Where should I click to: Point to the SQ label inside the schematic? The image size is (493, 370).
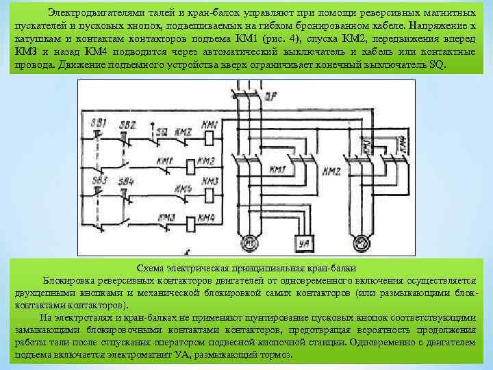pyautogui.click(x=162, y=130)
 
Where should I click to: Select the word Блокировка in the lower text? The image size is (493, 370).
pyautogui.click(x=67, y=280)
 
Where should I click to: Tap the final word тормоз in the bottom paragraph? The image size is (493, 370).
pyautogui.click(x=275, y=355)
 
